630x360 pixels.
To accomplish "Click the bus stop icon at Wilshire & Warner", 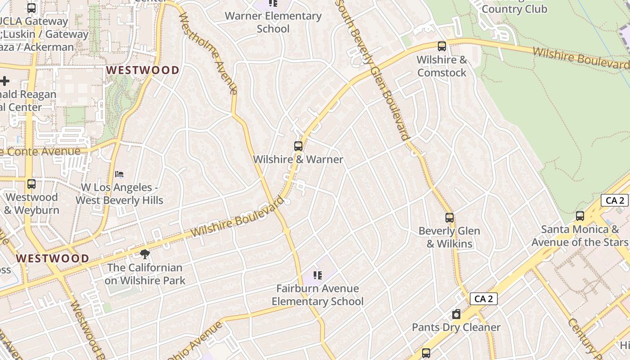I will coord(298,146).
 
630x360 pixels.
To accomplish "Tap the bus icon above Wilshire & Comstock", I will coord(442,46).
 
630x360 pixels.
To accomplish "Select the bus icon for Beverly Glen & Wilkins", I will coord(449,218).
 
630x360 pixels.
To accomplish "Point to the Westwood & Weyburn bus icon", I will coord(31,184).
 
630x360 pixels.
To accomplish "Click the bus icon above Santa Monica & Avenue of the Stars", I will coord(580,216).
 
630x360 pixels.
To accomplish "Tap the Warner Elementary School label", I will coord(273,22).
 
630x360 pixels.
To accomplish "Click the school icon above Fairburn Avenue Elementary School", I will coord(318,275).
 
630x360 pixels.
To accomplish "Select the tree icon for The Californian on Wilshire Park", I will coord(145,254).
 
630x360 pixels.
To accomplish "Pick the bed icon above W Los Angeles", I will coord(119,174).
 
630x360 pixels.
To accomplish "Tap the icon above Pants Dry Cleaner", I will coord(456,314).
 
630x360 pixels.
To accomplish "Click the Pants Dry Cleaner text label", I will coord(456,327).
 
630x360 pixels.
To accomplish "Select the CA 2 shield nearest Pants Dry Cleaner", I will coord(484,299).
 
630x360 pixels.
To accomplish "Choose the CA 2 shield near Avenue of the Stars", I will coord(615,201).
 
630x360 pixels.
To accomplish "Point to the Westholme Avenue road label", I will coord(208,53).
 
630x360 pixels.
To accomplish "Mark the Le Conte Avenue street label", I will coord(40,152).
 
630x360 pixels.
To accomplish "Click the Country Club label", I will coord(514,9).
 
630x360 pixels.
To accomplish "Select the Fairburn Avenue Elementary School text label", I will coord(318,295).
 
